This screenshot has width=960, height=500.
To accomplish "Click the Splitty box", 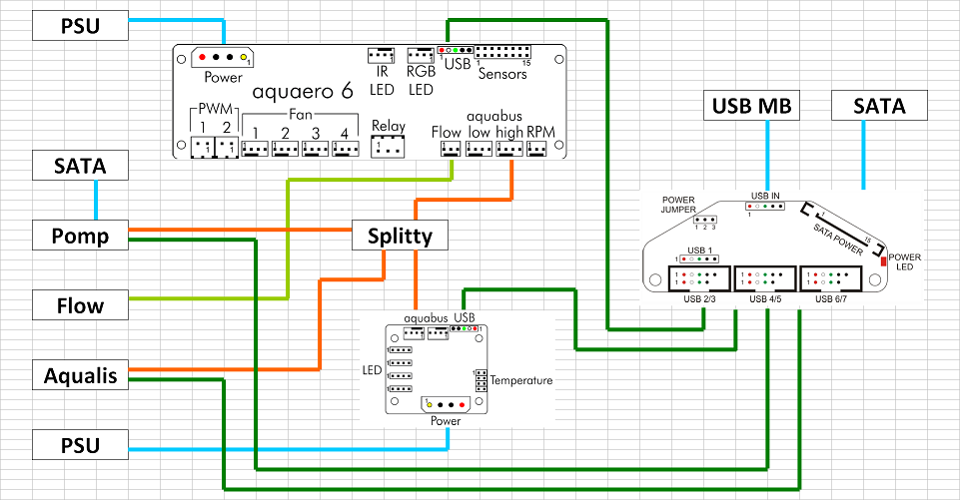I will point(400,236).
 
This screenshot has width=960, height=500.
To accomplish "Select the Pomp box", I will point(80,236).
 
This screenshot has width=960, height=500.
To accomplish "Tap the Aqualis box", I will point(80,375).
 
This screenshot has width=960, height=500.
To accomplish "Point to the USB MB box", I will point(766,106).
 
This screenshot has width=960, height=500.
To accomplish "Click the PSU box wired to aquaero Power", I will point(80,26).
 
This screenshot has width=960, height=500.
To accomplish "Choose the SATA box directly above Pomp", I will point(80,166).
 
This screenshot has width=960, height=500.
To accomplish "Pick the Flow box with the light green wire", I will point(80,303).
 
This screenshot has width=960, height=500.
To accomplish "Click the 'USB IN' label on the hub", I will point(766,197).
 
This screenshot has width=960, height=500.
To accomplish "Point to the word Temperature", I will point(519,380).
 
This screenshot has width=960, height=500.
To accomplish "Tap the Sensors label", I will point(501,74).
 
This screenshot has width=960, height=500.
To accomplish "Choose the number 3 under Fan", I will point(316,134).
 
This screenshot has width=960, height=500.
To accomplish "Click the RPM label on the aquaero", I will point(540,132).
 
